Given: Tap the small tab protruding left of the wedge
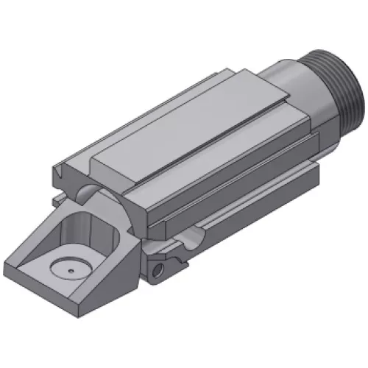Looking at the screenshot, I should click(x=57, y=199).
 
